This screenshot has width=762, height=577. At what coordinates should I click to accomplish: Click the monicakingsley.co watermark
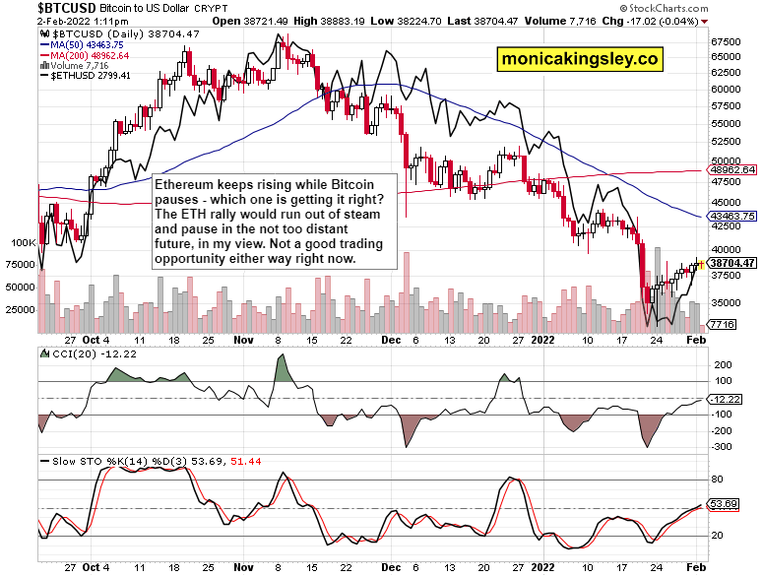(580, 59)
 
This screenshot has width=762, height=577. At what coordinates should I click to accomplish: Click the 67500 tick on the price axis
(727, 42)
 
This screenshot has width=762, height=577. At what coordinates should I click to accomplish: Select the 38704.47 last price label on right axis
(732, 263)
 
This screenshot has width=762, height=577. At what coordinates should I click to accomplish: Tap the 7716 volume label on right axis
(724, 324)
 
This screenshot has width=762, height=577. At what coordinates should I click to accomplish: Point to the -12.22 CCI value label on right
(728, 398)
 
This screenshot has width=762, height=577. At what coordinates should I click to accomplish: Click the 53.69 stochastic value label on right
(725, 504)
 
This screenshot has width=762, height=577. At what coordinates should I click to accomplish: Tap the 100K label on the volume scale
(23, 241)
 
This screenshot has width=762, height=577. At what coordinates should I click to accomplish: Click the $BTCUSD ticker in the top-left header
(32, 8)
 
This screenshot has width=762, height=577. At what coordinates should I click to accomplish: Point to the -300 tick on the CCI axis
(721, 446)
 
